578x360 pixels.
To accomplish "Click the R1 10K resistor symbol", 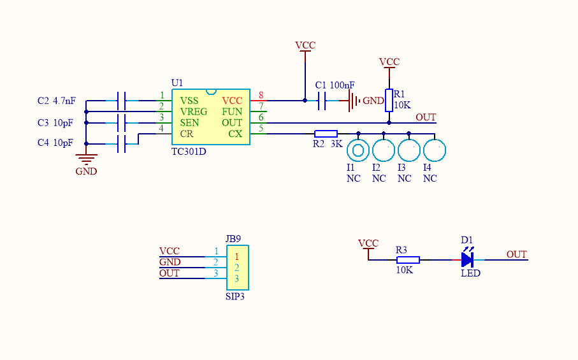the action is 389,100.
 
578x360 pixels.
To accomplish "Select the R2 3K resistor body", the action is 326,134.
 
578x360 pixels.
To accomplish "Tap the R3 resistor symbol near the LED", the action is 408,260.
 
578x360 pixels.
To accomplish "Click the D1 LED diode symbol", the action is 467,260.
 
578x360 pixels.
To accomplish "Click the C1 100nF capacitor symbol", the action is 322,101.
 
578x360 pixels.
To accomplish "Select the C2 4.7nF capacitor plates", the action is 121,101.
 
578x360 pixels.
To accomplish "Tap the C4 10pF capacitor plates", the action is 121,144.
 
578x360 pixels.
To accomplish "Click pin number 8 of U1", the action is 261,96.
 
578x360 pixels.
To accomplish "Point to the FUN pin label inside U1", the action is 232,112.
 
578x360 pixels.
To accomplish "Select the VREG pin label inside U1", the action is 194,112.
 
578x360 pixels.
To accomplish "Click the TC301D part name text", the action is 189,152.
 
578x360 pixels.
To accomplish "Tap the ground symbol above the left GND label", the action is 86,159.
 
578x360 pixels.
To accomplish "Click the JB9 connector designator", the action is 233,239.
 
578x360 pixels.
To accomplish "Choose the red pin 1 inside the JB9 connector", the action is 236,257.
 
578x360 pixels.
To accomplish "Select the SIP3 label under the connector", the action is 235,296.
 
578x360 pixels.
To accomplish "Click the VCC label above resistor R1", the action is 389,62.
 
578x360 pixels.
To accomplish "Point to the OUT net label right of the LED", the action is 516,254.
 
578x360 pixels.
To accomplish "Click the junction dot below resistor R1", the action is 389,123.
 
